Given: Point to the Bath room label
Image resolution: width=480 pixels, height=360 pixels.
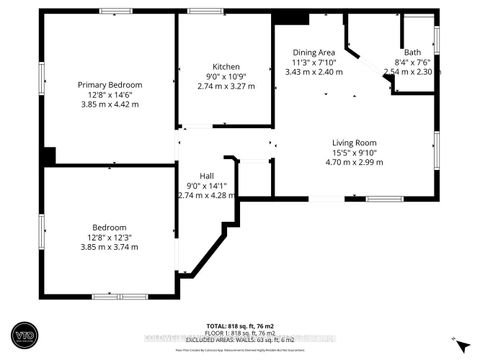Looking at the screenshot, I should [412, 52].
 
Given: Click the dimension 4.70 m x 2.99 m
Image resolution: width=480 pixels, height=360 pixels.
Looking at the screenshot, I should [357, 163].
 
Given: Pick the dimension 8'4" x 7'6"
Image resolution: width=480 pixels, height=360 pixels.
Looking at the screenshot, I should [412, 62].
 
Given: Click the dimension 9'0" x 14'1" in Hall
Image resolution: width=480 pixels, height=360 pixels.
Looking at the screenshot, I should [207, 184].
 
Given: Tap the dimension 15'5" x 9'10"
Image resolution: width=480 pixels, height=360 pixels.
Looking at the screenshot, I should [357, 153].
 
